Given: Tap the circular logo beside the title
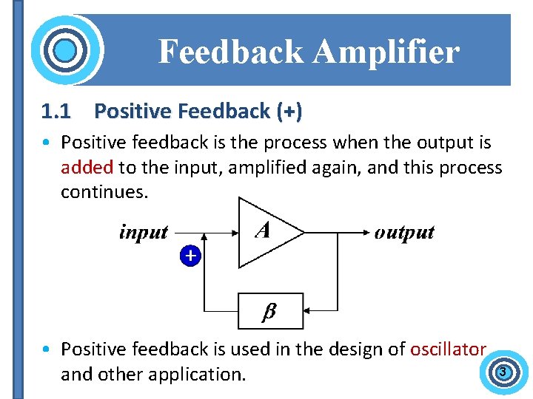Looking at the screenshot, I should tap(66, 51).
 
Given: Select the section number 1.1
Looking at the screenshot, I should tap(56, 112).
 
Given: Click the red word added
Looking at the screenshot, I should tap(87, 167).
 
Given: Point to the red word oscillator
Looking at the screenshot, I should tap(448, 349).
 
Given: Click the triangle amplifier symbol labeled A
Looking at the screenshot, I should tap(266, 232).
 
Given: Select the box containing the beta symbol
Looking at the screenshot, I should tap(270, 311).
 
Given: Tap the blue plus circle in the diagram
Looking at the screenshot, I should tap(190, 256).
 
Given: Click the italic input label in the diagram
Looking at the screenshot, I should tap(144, 232).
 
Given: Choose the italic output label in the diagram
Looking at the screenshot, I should tap(404, 232).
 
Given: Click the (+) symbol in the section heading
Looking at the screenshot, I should tap(289, 112).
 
